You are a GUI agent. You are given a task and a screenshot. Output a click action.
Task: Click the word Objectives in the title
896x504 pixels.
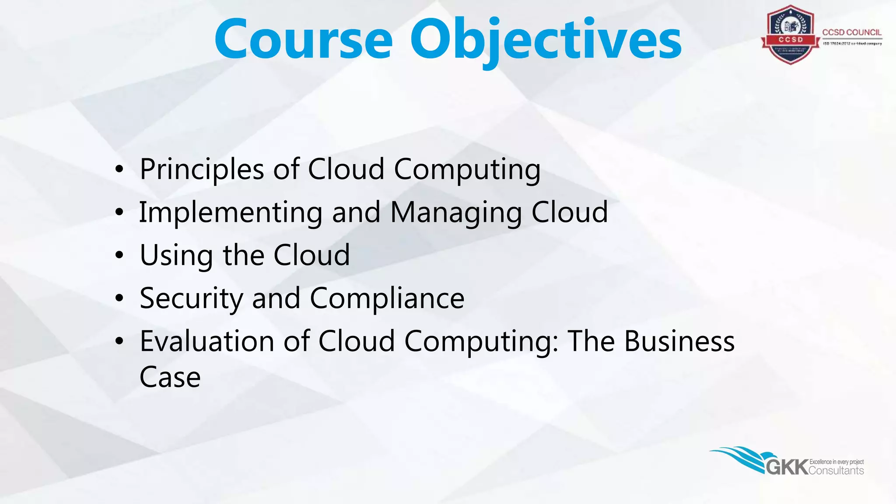(546, 40)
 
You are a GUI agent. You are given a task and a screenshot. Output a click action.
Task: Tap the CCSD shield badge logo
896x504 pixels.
(790, 35)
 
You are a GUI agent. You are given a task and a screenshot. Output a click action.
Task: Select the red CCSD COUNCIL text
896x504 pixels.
(851, 32)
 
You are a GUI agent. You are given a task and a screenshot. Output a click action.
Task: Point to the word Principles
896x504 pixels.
(202, 170)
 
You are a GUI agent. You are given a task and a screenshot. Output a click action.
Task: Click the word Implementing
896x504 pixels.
(231, 213)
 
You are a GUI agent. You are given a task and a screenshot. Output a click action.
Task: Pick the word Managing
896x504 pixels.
(456, 213)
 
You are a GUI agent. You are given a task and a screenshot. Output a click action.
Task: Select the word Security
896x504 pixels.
(191, 299)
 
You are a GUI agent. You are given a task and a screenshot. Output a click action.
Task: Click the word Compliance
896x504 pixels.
(387, 299)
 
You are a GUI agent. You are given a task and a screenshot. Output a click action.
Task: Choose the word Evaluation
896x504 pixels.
(206, 342)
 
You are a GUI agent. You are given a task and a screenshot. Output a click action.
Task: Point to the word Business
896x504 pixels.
(679, 342)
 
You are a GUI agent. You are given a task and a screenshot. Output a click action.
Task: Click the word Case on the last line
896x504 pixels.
(170, 377)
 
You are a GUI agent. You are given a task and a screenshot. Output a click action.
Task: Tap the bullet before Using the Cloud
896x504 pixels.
(119, 255)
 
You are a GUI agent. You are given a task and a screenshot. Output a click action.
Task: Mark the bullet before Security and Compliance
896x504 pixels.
(119, 298)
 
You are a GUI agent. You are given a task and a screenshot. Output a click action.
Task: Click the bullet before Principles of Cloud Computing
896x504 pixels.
(119, 169)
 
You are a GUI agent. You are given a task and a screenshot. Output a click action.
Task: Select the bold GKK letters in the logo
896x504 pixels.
(787, 467)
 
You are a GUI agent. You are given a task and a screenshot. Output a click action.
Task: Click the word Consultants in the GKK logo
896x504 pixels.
(836, 471)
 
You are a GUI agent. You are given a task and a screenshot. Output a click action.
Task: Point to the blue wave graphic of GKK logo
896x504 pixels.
(739, 457)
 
